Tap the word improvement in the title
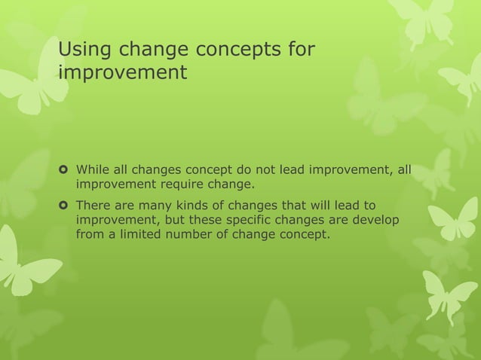click(122, 73)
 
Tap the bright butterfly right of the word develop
click(452, 222)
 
